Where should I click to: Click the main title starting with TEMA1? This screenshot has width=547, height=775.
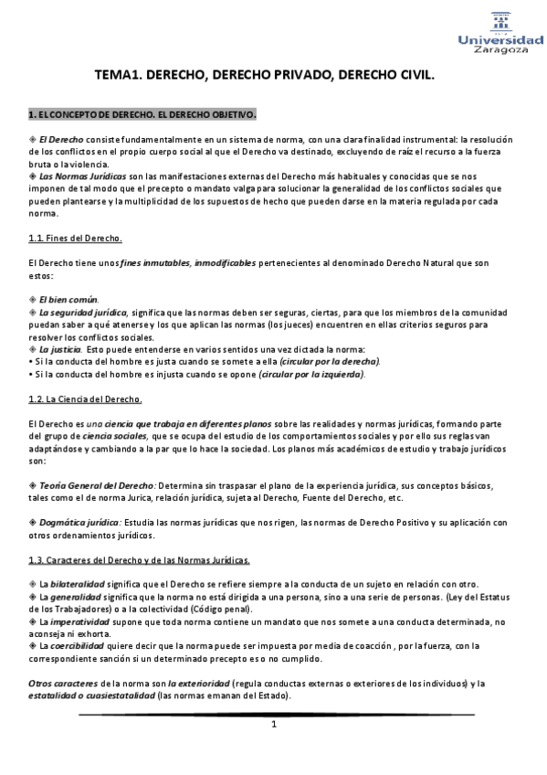[264, 79]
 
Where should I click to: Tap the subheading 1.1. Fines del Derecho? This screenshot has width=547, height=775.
[76, 239]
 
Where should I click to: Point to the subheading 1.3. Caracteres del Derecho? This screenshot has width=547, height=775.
[139, 558]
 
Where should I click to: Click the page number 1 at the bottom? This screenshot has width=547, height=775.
[273, 725]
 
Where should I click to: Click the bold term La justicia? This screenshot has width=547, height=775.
[59, 349]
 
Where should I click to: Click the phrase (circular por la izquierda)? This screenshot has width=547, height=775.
[310, 374]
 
